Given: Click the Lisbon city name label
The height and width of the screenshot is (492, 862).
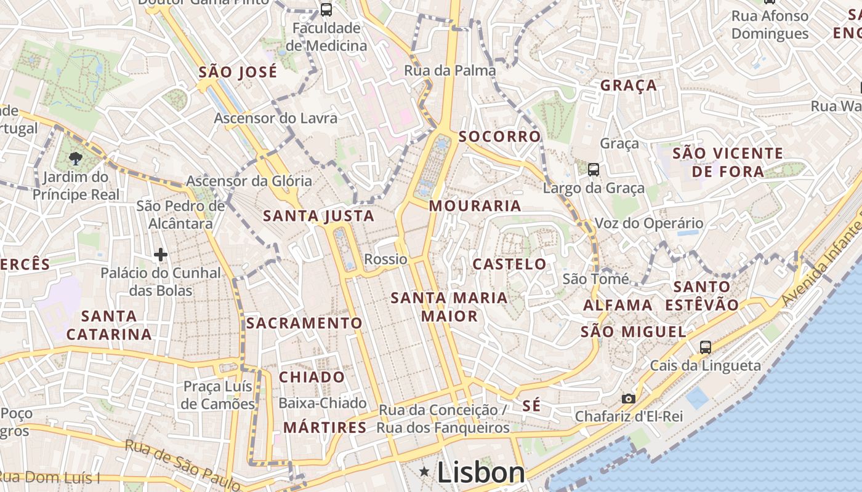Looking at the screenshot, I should (481, 472).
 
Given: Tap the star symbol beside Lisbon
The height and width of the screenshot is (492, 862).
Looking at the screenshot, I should (424, 472).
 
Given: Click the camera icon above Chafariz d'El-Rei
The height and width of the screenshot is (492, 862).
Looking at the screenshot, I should (628, 399).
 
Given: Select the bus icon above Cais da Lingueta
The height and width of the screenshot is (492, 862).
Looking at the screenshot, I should (706, 347).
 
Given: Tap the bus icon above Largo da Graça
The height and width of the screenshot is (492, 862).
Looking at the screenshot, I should (594, 170).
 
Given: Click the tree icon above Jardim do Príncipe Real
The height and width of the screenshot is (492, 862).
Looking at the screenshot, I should (76, 159).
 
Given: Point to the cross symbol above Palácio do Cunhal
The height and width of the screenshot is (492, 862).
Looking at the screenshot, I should (161, 254).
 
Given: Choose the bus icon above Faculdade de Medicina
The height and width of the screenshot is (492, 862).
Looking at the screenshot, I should (326, 10).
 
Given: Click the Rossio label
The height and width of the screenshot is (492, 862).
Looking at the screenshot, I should (385, 259).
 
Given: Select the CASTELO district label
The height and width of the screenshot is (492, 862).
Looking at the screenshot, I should (509, 264).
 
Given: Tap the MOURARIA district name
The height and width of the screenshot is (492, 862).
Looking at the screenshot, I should (475, 206).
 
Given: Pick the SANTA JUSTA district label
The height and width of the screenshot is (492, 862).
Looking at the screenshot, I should (318, 216).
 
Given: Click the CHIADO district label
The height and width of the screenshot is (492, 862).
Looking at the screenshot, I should (312, 377).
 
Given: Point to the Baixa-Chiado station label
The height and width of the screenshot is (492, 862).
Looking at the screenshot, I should (323, 403).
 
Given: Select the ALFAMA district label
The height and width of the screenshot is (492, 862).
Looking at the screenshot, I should (618, 305).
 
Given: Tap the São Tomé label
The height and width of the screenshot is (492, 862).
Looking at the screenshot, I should (596, 279).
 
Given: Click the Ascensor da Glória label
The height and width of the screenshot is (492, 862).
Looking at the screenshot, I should (249, 181).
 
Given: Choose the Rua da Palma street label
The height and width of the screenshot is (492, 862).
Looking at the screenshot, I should (449, 71).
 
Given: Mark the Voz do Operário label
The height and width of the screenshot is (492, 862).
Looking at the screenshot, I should (648, 223).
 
